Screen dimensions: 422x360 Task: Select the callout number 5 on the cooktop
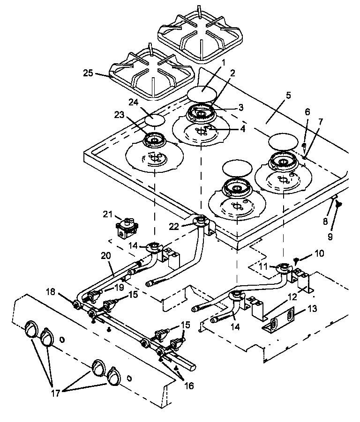pyautogui.click(x=288, y=95)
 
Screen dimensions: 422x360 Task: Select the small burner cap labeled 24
pyautogui.click(x=155, y=119)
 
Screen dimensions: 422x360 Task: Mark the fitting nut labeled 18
pyautogui.click(x=75, y=305)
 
